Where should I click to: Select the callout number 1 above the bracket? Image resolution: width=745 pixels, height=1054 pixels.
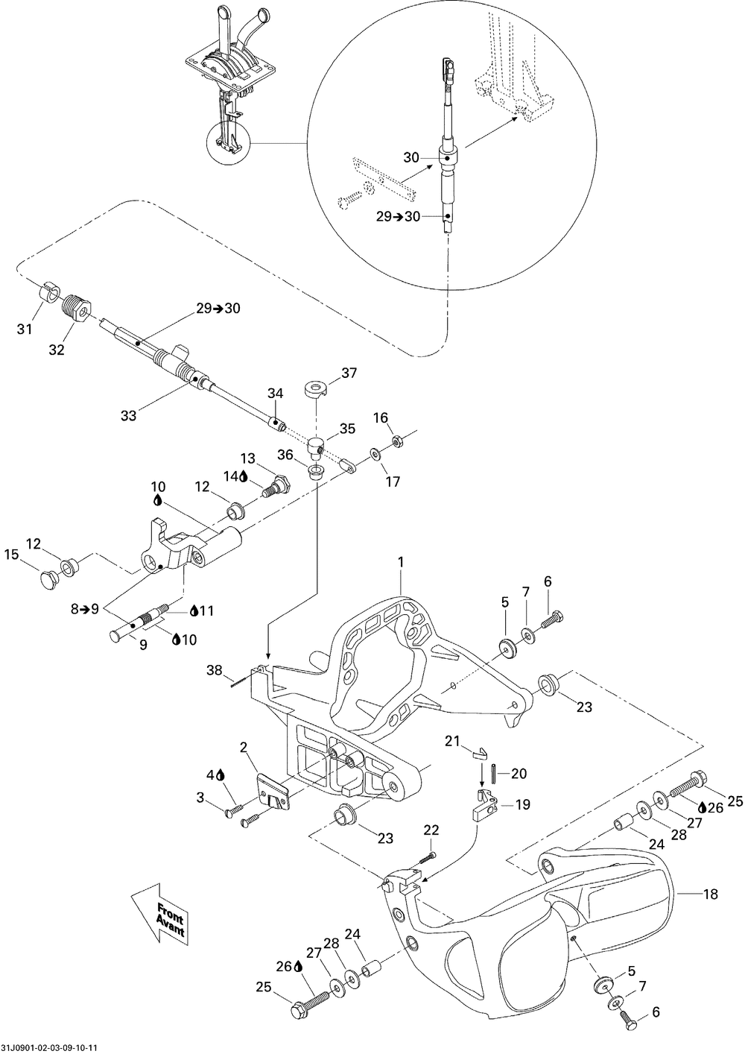[x=401, y=562]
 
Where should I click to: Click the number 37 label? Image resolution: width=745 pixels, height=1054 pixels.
[x=349, y=373]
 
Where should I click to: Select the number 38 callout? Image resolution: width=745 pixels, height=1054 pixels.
[x=215, y=670]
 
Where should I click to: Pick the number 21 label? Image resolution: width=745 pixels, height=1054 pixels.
[x=452, y=741]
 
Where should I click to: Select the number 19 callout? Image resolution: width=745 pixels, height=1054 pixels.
[x=522, y=804]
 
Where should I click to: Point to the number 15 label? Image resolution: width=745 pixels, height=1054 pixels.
[x=12, y=555]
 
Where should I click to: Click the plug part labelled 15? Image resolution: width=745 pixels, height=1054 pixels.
[x=48, y=580]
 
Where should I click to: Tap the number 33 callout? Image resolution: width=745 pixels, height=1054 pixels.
[x=128, y=415]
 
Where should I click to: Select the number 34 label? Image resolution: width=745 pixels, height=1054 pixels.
[x=275, y=393]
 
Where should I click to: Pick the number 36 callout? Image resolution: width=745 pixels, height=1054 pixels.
[x=285, y=455]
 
